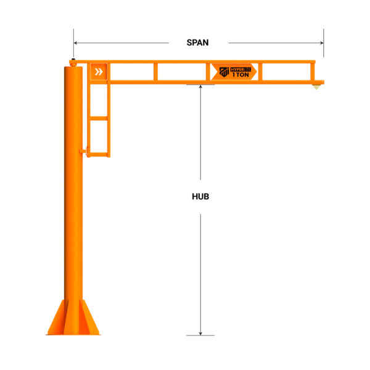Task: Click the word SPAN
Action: (198, 43)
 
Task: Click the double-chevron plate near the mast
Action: (99, 72)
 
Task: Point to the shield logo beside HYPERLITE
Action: (224, 72)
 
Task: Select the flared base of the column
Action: (73, 318)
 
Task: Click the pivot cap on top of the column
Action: (73, 60)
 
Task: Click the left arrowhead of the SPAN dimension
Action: (76, 43)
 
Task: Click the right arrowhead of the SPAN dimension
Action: (321, 43)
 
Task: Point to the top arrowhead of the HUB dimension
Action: (201, 87)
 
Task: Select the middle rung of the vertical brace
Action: (99, 117)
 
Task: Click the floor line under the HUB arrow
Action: (201, 335)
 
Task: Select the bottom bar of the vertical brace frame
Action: (99, 154)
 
